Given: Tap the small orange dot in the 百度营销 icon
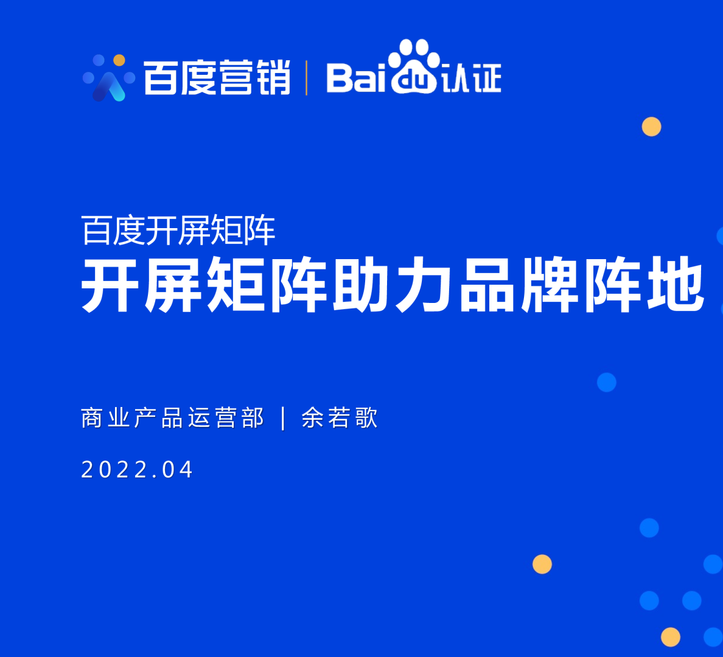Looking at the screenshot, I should [119, 60].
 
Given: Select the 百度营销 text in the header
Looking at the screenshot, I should [217, 78].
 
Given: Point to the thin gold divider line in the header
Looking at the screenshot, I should [306, 78].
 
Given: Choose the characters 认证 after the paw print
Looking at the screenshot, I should [471, 78].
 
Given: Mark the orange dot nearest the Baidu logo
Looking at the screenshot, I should [651, 127].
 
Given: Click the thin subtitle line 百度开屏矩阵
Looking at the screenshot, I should [178, 231].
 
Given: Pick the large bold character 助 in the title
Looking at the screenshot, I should [362, 285].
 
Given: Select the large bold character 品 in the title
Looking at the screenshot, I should [488, 285].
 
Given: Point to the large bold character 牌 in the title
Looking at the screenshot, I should [551, 285].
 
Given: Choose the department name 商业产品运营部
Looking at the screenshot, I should [172, 419].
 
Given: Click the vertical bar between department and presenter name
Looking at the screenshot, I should [284, 419].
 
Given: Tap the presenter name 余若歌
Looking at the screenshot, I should [340, 419].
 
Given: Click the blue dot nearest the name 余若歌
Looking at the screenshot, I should [606, 382].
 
